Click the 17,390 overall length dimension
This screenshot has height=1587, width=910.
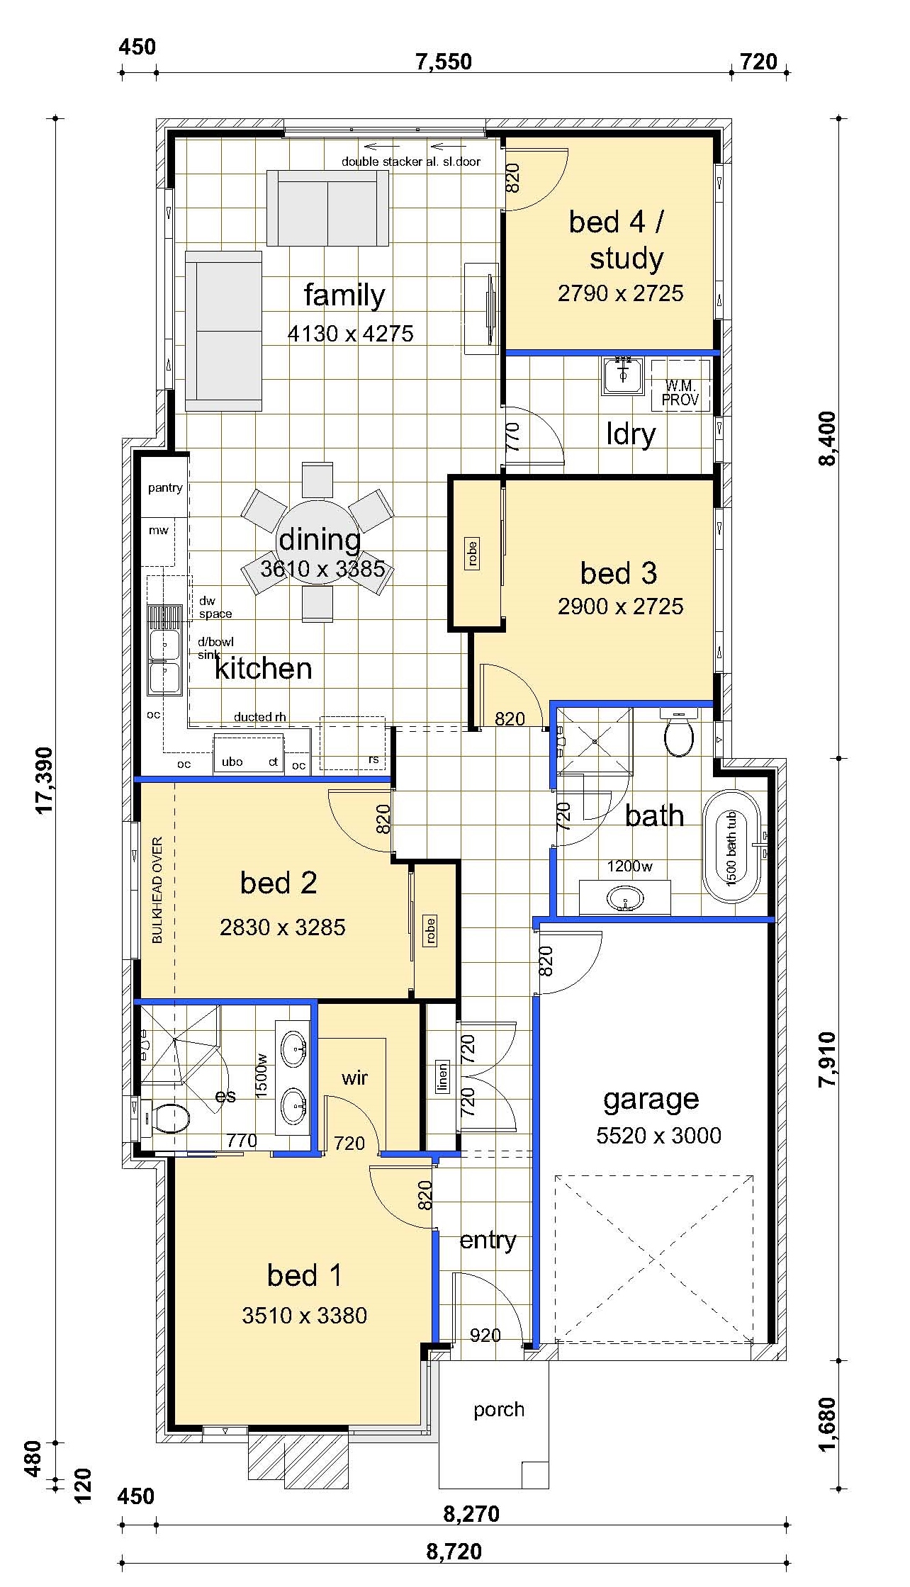(x=45, y=780)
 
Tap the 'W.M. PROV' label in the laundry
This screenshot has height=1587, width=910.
(x=680, y=393)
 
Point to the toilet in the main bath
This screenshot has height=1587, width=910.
(x=679, y=732)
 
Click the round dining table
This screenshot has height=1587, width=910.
(x=320, y=542)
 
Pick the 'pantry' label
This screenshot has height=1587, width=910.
(x=165, y=487)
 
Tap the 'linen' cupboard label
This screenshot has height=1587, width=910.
(x=442, y=1077)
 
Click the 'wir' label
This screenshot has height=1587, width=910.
(x=354, y=1078)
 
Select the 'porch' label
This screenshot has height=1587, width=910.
(x=499, y=1410)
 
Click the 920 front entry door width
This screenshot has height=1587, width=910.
(x=485, y=1335)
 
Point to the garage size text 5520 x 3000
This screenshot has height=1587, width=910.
(x=658, y=1136)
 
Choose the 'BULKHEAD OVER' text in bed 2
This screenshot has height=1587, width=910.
(x=157, y=890)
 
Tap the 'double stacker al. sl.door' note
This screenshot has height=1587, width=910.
(x=411, y=162)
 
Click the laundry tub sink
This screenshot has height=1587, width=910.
(x=622, y=376)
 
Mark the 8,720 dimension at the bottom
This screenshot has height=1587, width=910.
(x=454, y=1552)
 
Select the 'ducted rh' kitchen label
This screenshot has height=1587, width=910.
(x=260, y=717)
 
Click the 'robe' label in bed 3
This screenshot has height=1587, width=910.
(x=473, y=553)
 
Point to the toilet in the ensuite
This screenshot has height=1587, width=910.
(x=167, y=1119)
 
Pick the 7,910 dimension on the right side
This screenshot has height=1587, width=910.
(x=826, y=1059)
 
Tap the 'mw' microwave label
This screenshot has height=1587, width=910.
(x=158, y=530)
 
